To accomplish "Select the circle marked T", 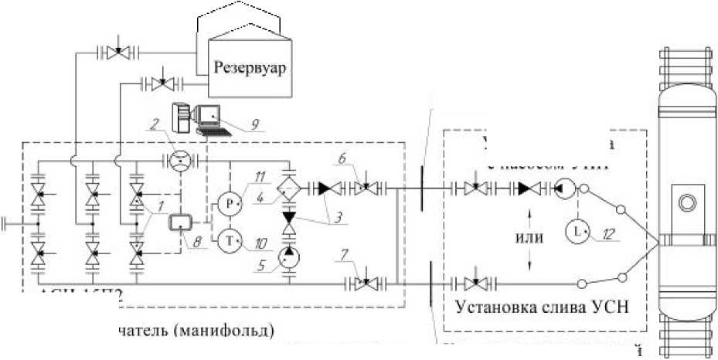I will (230, 240).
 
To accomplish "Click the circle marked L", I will (575, 230).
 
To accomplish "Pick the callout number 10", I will (263, 243).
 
